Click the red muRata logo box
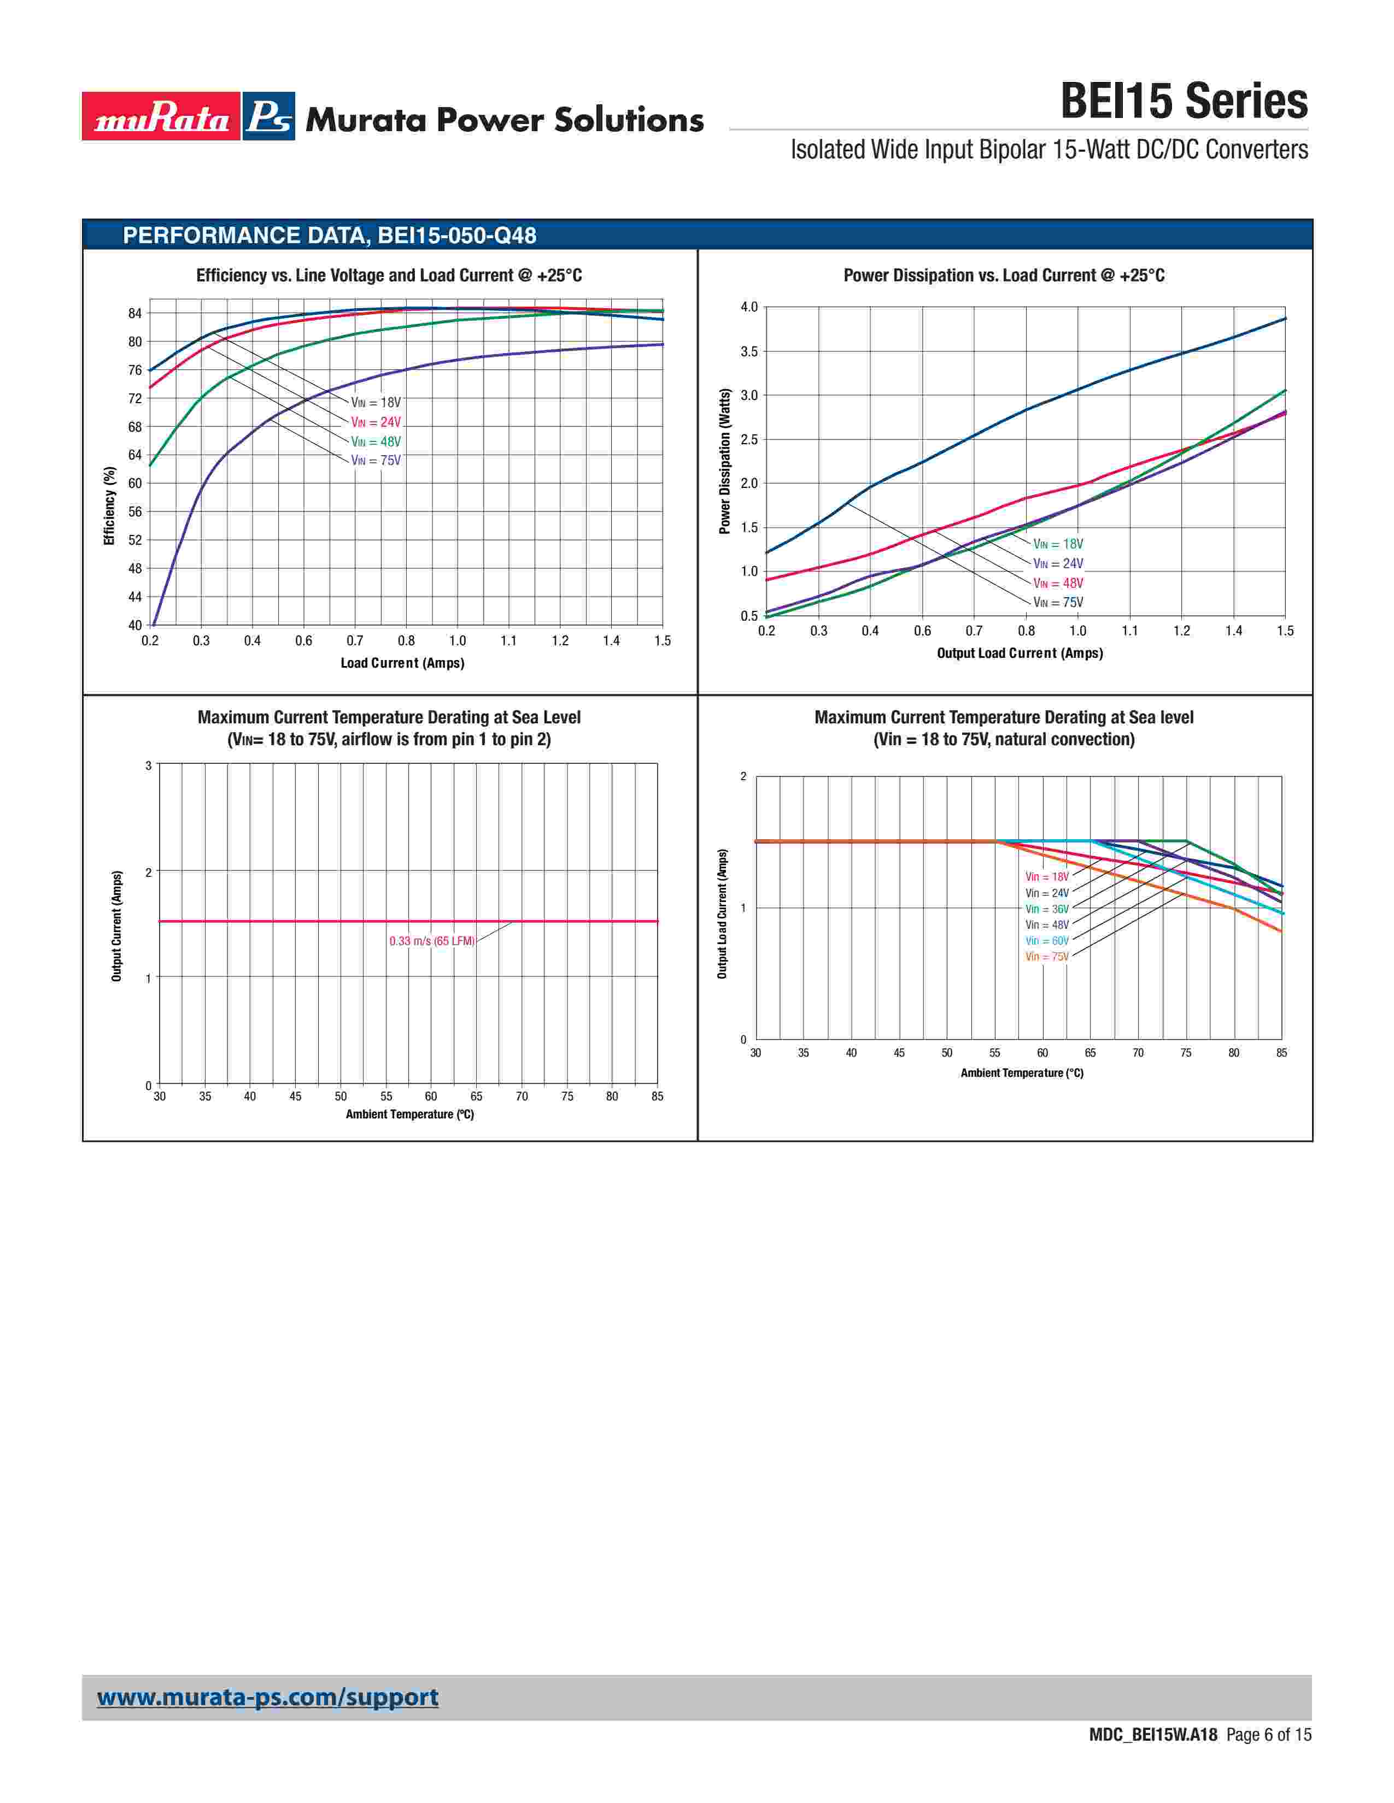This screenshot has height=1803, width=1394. pyautogui.click(x=161, y=116)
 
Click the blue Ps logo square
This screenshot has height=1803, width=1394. pyautogui.click(x=269, y=116)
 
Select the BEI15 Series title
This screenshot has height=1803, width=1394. pyautogui.click(x=1184, y=102)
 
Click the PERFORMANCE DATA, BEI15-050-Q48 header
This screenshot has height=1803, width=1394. pyautogui.click(x=330, y=236)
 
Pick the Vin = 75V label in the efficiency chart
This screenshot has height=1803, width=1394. pyautogui.click(x=376, y=461)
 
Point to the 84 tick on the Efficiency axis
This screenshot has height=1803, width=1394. pyautogui.click(x=134, y=314)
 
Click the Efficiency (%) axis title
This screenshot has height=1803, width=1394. pyautogui.click(x=109, y=506)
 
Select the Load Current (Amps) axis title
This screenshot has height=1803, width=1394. pyautogui.click(x=402, y=663)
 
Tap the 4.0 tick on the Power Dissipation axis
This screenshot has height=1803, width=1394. pyautogui.click(x=748, y=307)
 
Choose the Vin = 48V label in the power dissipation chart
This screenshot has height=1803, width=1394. pyautogui.click(x=1058, y=584)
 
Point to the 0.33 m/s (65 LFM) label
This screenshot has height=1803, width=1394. pyautogui.click(x=432, y=941)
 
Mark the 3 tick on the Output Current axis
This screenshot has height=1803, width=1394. pyautogui.click(x=149, y=766)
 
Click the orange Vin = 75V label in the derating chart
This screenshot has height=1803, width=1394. pyautogui.click(x=1046, y=957)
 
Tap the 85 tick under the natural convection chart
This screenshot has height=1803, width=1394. pyautogui.click(x=1281, y=1053)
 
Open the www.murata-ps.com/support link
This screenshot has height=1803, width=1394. pyautogui.click(x=267, y=1698)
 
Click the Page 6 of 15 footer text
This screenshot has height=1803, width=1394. pyautogui.click(x=1268, y=1758)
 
